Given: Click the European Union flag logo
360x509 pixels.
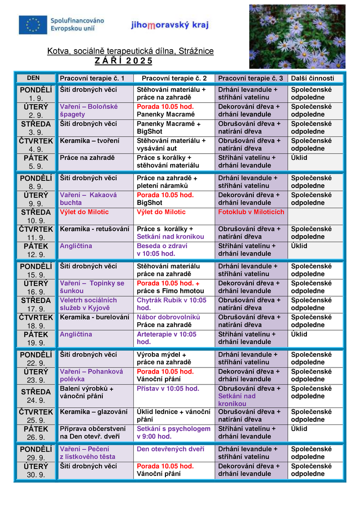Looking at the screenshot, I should [33, 25].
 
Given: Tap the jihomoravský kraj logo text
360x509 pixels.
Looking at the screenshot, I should [170, 25].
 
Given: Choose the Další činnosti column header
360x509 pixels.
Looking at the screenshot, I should [313, 78].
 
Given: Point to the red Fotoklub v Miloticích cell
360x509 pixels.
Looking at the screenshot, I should [251, 212].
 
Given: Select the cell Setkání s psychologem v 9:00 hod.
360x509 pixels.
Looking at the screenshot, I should [174, 433].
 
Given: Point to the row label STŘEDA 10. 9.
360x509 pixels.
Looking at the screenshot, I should [36, 216].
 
